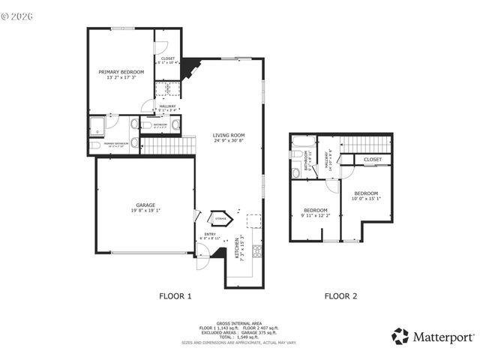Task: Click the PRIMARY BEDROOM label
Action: pos(121,72)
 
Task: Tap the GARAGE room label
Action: pos(145,205)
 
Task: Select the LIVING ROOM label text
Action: pos(229,135)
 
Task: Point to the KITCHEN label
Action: pos(236,248)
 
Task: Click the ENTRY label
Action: pos(210,234)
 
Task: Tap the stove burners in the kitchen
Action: pos(257,250)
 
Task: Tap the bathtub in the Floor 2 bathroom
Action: pos(303,142)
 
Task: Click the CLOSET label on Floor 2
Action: pos(373,160)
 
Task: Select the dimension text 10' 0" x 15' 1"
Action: pos(367,199)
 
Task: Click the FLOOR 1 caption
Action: pos(175,296)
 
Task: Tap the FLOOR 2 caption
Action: pos(340,296)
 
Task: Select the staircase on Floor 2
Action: pos(367,143)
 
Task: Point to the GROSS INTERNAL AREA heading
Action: pos(238,323)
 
